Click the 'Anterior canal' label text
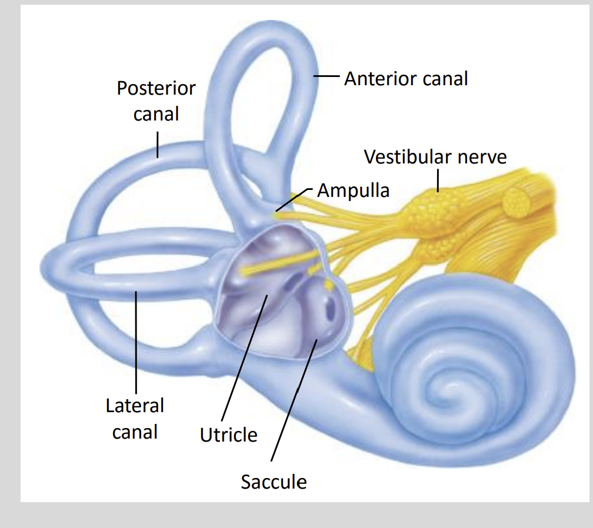tap(406, 78)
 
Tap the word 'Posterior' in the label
tap(156, 88)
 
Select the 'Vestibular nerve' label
tap(435, 157)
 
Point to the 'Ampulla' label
tap(353, 191)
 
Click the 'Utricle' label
tap(228, 435)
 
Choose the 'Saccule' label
tap(274, 482)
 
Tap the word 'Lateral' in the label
tap(135, 406)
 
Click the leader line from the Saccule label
tap(294, 400)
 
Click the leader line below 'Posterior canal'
tap(158, 144)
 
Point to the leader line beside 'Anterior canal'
tap(327, 76)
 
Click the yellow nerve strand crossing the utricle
tap(276, 263)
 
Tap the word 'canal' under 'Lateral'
tap(135, 432)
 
